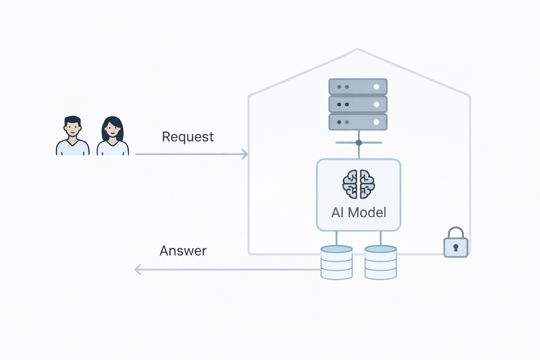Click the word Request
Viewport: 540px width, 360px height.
click(187, 137)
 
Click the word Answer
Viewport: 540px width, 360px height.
click(183, 251)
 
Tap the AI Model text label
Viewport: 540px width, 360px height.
click(359, 212)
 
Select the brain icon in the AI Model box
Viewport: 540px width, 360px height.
click(359, 184)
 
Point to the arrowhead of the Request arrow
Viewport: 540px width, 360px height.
click(245, 154)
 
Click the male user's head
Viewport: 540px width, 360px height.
click(72, 127)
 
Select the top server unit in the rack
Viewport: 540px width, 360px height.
click(358, 87)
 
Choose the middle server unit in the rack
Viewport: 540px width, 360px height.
click(358, 104)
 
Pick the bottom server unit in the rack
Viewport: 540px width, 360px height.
click(358, 122)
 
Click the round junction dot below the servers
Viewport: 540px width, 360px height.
click(359, 143)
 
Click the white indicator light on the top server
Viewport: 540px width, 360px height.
click(376, 87)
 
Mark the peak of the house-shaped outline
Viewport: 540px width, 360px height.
click(358, 50)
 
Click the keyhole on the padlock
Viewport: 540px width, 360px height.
click(456, 247)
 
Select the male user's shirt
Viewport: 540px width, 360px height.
click(72, 148)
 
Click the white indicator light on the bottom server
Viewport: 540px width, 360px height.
click(376, 122)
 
